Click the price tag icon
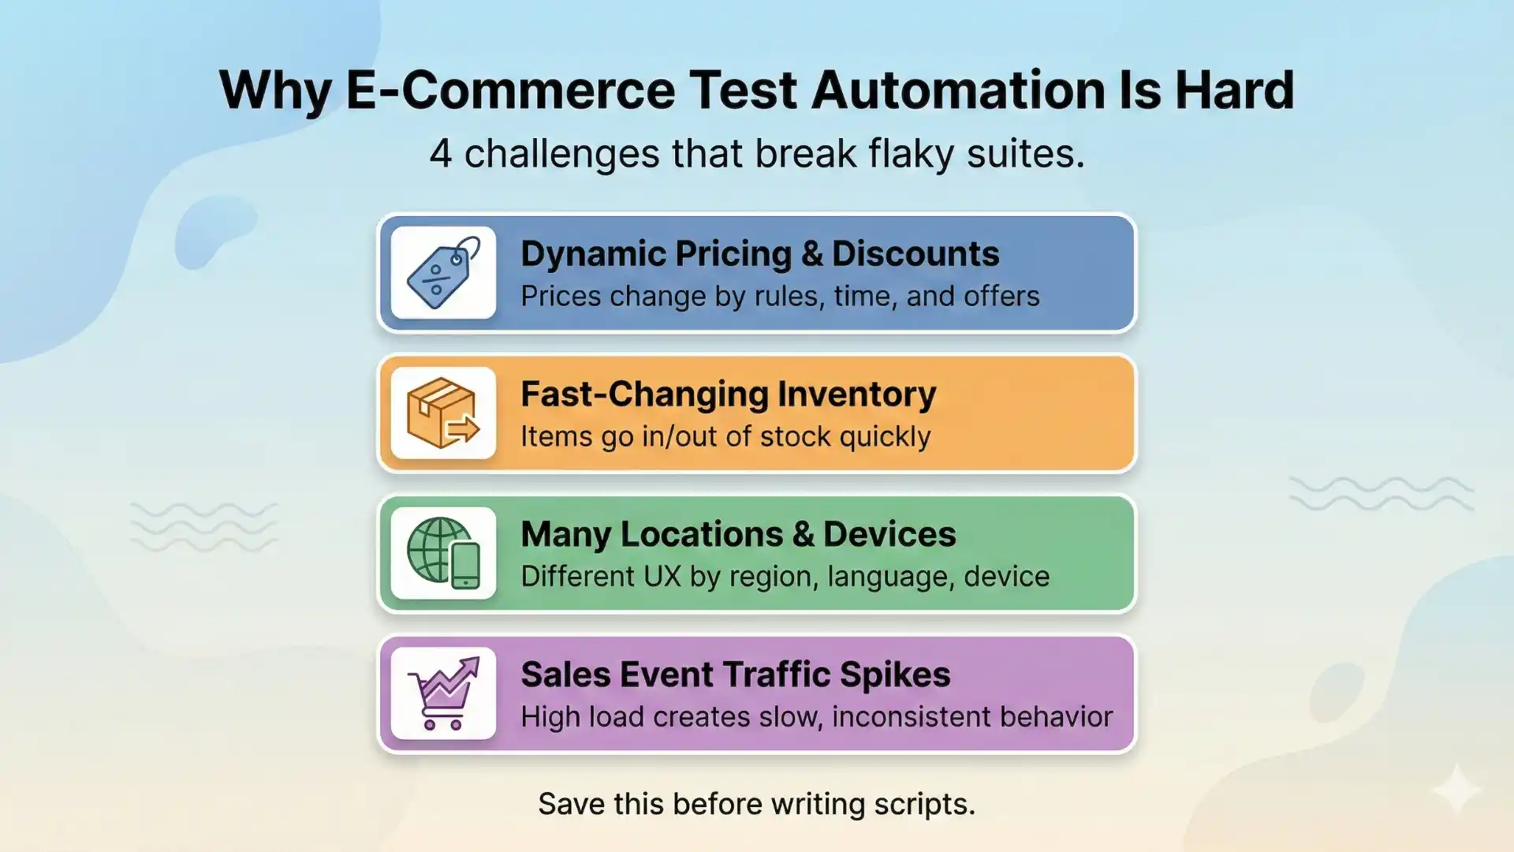pos(443,273)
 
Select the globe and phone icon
pos(443,553)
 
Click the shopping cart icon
pos(443,693)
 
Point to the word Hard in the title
pos(1234,90)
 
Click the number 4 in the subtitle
pos(440,154)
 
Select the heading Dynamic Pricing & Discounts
pos(759,254)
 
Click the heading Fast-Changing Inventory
pos(728,394)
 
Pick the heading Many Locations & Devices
pos(738,534)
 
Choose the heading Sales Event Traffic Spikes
pos(735,674)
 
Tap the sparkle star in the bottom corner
pos(1456,789)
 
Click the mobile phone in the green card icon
pos(465,565)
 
